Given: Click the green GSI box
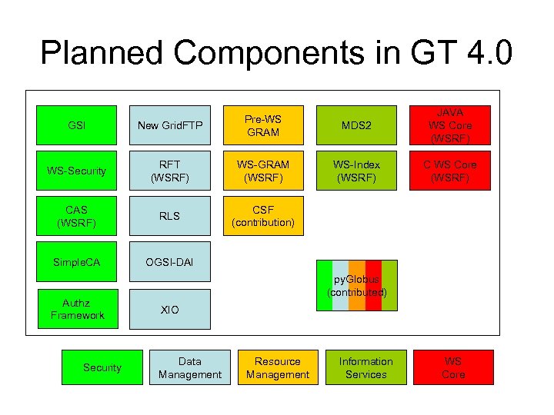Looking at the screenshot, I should [x=77, y=125].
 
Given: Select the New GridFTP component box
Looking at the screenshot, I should [x=169, y=125].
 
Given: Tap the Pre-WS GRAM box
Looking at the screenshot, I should [x=263, y=125].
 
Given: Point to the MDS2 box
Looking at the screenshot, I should [x=357, y=125].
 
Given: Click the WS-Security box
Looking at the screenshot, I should [x=77, y=171].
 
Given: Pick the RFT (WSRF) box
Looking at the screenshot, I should [x=169, y=171].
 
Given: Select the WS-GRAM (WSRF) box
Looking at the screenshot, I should [x=263, y=171].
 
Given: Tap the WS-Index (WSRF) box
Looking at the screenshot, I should [x=357, y=171].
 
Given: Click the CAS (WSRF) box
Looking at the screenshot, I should [x=77, y=216].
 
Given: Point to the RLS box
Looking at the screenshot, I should [x=169, y=216].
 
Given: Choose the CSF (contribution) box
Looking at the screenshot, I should [x=263, y=216].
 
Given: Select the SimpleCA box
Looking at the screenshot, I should [x=77, y=263].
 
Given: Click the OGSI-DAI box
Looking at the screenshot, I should [x=169, y=263].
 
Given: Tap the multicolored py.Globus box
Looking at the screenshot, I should [x=357, y=286].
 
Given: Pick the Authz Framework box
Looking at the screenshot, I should [x=77, y=309].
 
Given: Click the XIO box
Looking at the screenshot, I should [x=169, y=309].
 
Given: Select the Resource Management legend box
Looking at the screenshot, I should [x=278, y=368].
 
